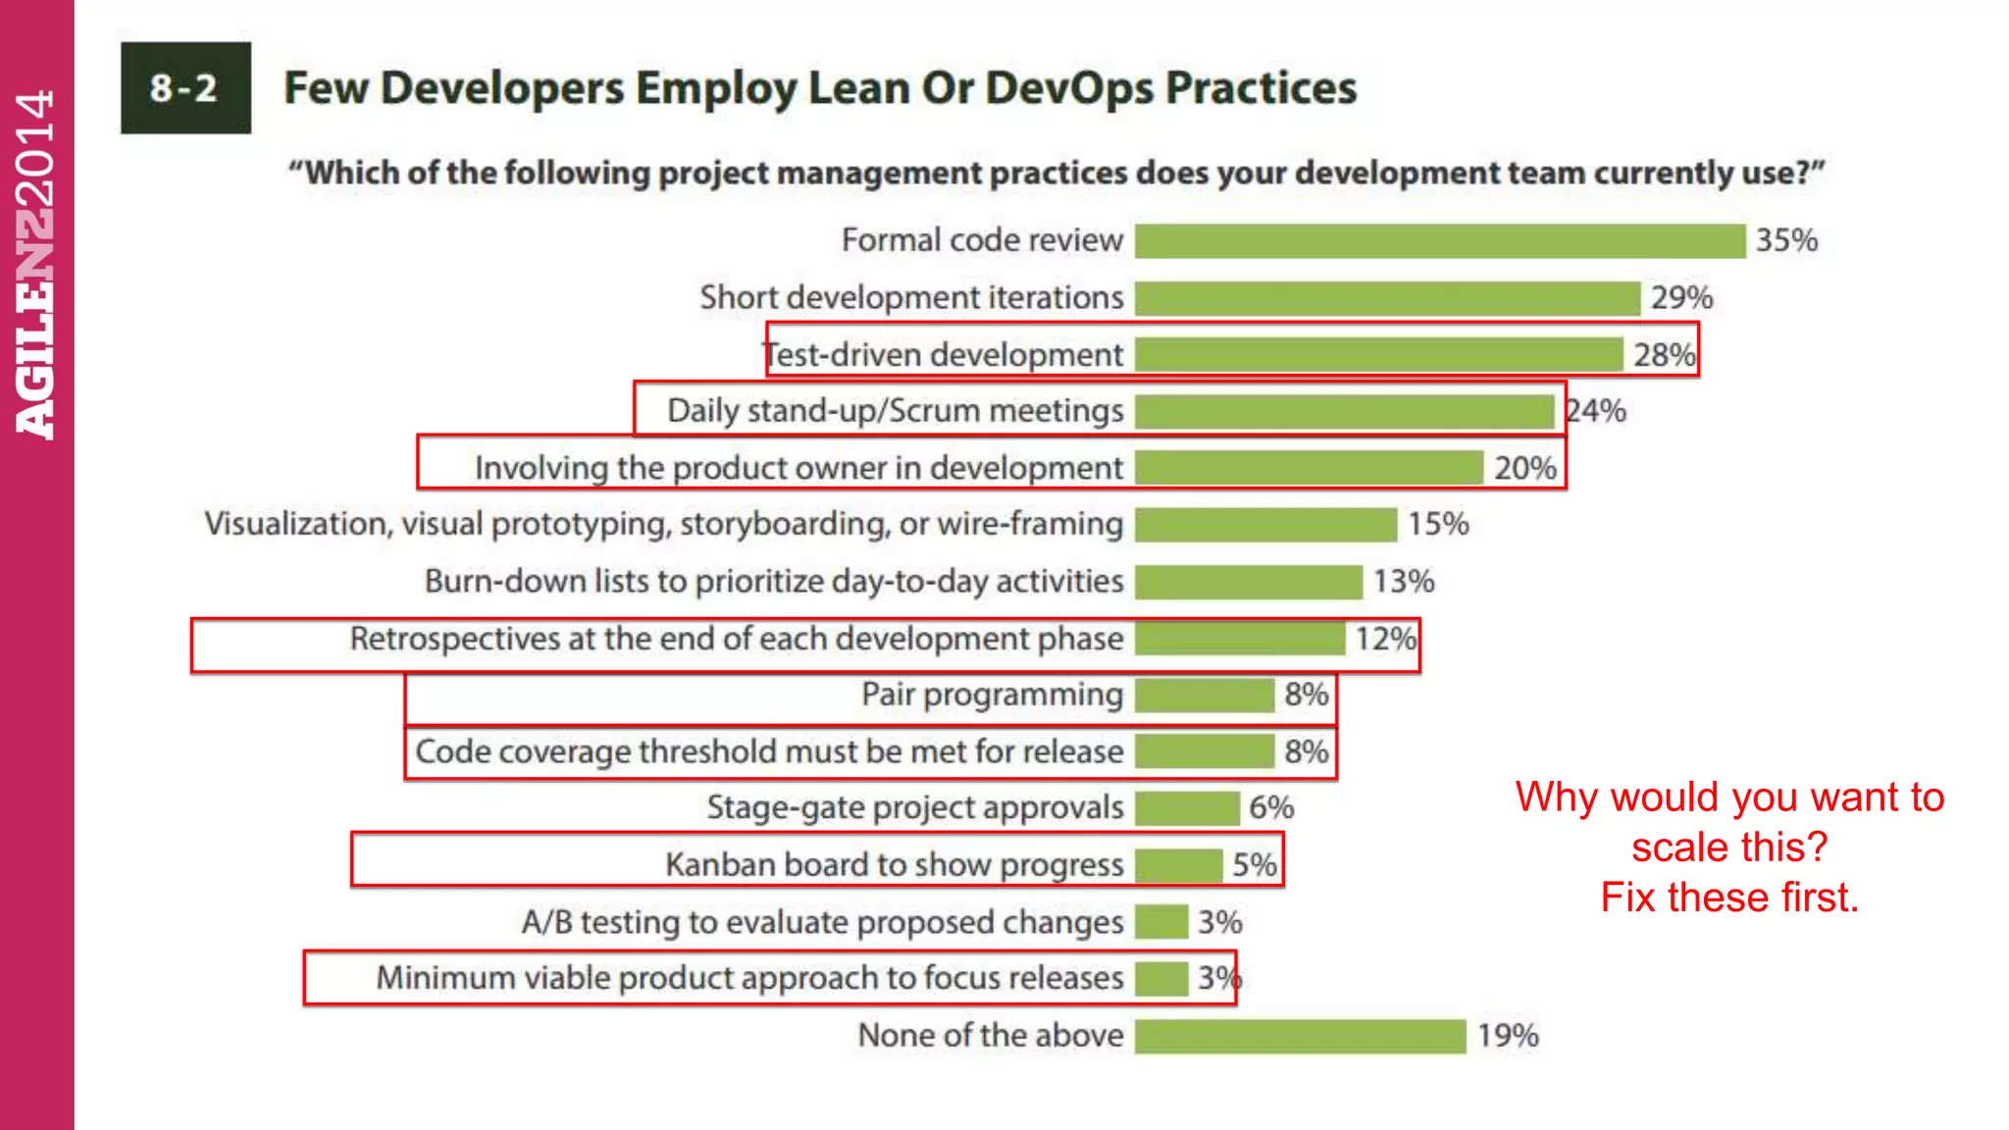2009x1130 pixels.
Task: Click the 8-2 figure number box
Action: point(185,88)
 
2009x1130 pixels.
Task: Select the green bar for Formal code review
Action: point(1439,240)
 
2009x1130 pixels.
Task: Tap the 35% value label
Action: point(1785,240)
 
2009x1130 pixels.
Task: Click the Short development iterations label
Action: point(911,297)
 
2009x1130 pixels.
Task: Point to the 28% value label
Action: point(1664,354)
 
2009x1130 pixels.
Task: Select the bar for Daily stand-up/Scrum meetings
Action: point(1344,411)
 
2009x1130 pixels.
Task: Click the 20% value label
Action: point(1524,468)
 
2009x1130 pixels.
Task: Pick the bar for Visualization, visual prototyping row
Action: point(1265,525)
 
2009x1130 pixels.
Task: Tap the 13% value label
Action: point(1403,582)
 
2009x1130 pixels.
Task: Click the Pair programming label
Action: point(992,694)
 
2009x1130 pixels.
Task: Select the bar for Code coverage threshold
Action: point(1205,752)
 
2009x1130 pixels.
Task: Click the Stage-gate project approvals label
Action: point(914,807)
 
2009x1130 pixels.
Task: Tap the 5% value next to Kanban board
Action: point(1254,865)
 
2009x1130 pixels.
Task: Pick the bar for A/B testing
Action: point(1161,922)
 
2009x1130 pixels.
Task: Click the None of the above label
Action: point(991,1036)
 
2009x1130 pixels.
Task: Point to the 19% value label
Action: point(1508,1036)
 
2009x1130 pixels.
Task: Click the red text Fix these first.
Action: point(1729,898)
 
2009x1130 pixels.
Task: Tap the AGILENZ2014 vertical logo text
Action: point(36,265)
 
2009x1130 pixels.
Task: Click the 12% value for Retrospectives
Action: point(1385,639)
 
